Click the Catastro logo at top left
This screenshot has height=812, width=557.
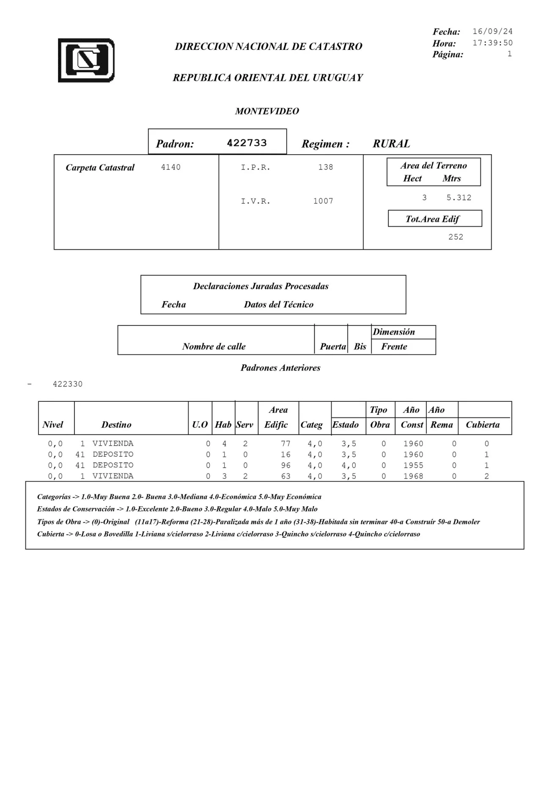pyautogui.click(x=86, y=60)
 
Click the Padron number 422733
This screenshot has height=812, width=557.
pyautogui.click(x=247, y=143)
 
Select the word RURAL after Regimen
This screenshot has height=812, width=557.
pyautogui.click(x=391, y=144)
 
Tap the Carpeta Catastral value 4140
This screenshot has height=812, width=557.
pyautogui.click(x=170, y=167)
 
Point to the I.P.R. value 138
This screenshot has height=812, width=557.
pyautogui.click(x=326, y=167)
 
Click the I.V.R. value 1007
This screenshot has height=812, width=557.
pyautogui.click(x=323, y=201)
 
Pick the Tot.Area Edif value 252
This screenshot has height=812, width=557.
pyautogui.click(x=455, y=237)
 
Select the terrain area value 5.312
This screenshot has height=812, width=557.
pyautogui.click(x=459, y=198)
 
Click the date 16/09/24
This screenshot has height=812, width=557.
pyautogui.click(x=492, y=32)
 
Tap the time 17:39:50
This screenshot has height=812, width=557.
pyautogui.click(x=492, y=43)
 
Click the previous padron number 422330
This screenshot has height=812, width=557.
pyautogui.click(x=68, y=384)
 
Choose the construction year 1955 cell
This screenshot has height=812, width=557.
pyautogui.click(x=413, y=466)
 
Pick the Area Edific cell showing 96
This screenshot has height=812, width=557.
pyautogui.click(x=285, y=466)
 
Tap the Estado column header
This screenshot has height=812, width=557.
pyautogui.click(x=346, y=425)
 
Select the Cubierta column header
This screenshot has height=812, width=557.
pyautogui.click(x=483, y=425)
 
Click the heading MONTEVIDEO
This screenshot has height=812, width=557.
pyautogui.click(x=267, y=111)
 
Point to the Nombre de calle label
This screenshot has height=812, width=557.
pyautogui.click(x=214, y=347)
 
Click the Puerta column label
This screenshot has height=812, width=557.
pyautogui.click(x=332, y=347)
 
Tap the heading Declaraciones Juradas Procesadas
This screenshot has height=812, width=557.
pyautogui.click(x=261, y=286)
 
